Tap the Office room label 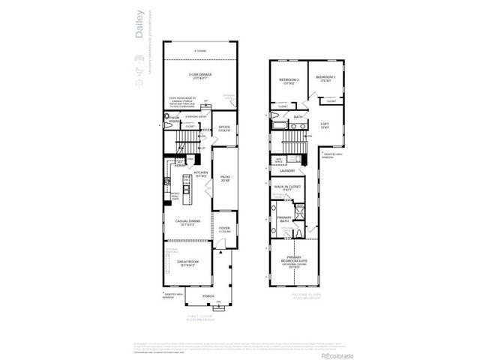click(223, 128)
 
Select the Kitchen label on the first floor click(201, 173)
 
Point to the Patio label click(224, 179)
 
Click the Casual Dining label click(187, 222)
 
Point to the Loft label click(325, 125)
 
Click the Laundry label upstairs click(286, 170)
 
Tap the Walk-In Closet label click(288, 187)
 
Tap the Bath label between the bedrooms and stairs click(298, 117)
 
